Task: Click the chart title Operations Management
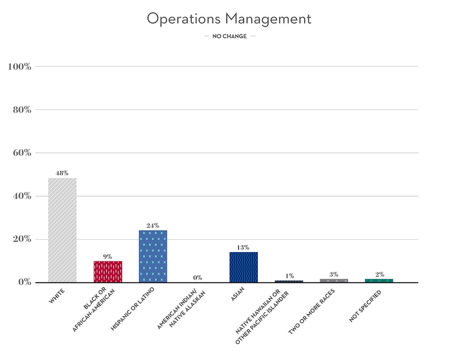pos(229,19)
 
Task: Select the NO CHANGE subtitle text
pos(230,36)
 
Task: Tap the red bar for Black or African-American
pos(108,272)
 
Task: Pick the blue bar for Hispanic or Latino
pos(153,256)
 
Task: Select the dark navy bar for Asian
pos(243,267)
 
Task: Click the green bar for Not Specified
pos(379,281)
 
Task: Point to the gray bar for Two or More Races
pos(334,281)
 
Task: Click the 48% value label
pos(62,173)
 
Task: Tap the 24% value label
pos(153,226)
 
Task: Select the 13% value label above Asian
pos(243,247)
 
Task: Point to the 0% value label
pos(198,278)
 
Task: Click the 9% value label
pos(107,256)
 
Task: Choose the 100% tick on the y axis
pos(20,67)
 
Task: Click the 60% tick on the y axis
pos(21,153)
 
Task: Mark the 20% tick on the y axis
pos(21,239)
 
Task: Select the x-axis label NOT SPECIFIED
pos(365,307)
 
